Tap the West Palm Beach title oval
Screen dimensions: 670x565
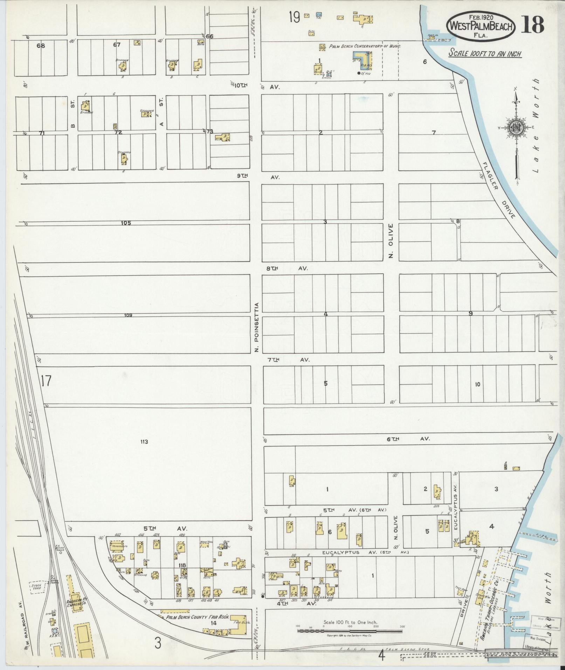pos(481,26)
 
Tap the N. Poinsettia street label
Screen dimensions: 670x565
pos(257,327)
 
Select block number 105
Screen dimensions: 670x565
pos(126,223)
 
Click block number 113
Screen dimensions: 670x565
pos(144,442)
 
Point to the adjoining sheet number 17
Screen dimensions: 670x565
pos(46,381)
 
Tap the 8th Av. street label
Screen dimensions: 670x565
pos(285,268)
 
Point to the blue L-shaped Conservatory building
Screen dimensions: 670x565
pos(362,60)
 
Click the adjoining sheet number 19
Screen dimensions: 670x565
pos(295,17)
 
